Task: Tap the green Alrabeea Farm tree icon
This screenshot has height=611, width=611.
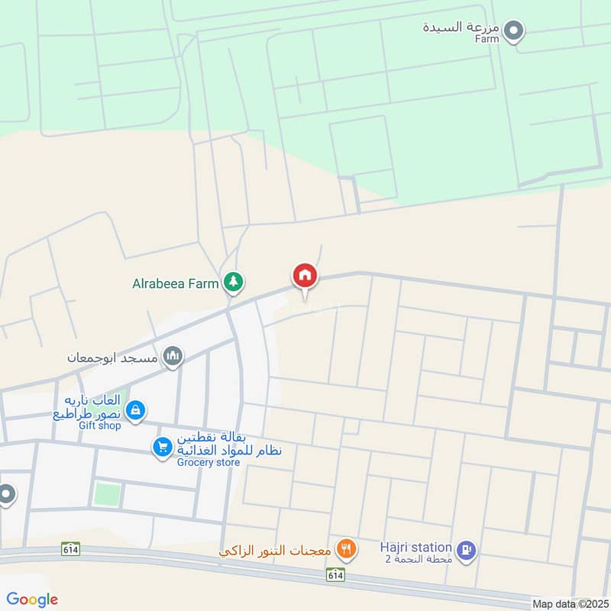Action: click(233, 283)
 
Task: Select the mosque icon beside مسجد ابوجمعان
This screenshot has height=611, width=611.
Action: click(173, 356)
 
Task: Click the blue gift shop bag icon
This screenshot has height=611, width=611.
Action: click(135, 410)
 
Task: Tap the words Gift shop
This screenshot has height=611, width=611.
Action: click(99, 425)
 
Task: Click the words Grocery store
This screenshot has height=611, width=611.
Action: click(209, 462)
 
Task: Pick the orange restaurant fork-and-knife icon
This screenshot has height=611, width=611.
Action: click(347, 548)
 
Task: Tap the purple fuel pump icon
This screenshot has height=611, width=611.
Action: click(467, 548)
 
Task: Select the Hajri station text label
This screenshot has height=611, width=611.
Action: click(416, 547)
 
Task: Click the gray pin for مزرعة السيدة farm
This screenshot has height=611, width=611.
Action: click(516, 31)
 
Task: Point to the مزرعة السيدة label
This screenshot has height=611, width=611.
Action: click(461, 27)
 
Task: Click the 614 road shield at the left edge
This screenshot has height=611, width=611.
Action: click(71, 549)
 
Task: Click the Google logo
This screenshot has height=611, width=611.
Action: click(33, 600)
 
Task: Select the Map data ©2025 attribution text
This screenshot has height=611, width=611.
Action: click(569, 603)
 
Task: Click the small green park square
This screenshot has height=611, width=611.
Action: click(108, 493)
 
